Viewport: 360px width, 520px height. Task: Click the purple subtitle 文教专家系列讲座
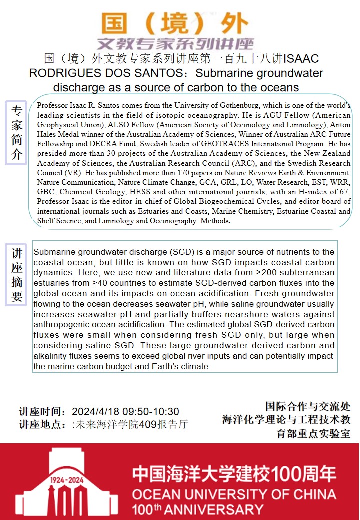(176, 43)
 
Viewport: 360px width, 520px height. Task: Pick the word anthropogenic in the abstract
(60, 325)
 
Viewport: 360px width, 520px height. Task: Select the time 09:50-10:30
(147, 412)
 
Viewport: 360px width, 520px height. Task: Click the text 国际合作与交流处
(308, 407)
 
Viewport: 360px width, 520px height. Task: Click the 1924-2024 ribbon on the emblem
(67, 480)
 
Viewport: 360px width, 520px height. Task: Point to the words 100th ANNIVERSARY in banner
(197, 510)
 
